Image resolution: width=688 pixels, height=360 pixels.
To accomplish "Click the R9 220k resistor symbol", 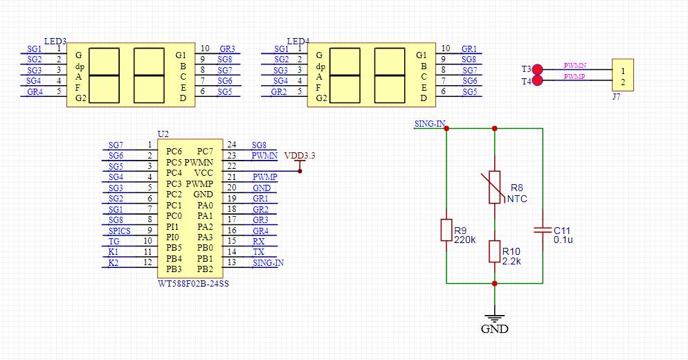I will [x=446, y=230].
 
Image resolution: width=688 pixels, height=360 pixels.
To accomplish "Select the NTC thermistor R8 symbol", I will [x=494, y=187].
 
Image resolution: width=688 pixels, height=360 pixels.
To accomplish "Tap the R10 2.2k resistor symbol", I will [x=494, y=251].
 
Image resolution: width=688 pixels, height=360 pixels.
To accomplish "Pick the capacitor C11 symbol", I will [x=543, y=229].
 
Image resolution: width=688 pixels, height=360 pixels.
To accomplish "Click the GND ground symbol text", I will [x=494, y=330].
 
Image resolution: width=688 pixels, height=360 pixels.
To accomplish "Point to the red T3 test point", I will [x=538, y=69].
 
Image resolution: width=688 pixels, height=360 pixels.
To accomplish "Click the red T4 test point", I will [x=538, y=81].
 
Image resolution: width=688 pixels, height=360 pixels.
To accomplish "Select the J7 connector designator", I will [x=616, y=97].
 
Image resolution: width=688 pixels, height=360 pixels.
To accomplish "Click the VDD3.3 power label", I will [x=299, y=156].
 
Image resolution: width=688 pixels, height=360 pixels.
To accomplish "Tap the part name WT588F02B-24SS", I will [x=193, y=283].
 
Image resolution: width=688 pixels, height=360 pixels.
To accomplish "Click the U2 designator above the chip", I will [x=163, y=133].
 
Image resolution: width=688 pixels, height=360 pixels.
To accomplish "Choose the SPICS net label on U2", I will [x=119, y=231].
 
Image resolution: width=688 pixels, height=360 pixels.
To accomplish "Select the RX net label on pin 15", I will [x=257, y=241].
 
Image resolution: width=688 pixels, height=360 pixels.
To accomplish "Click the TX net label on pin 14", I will [x=257, y=252].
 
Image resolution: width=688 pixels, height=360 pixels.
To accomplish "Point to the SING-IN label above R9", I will [x=429, y=123].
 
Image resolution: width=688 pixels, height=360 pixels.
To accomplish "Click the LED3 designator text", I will [x=55, y=41].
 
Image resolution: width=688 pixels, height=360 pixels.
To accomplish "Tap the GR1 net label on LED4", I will [x=469, y=49].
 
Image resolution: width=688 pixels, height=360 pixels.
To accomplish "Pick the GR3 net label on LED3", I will [x=227, y=49].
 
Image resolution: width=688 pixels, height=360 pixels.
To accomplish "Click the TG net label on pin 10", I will [x=114, y=242].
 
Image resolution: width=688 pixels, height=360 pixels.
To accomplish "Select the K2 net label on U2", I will [x=114, y=263].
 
